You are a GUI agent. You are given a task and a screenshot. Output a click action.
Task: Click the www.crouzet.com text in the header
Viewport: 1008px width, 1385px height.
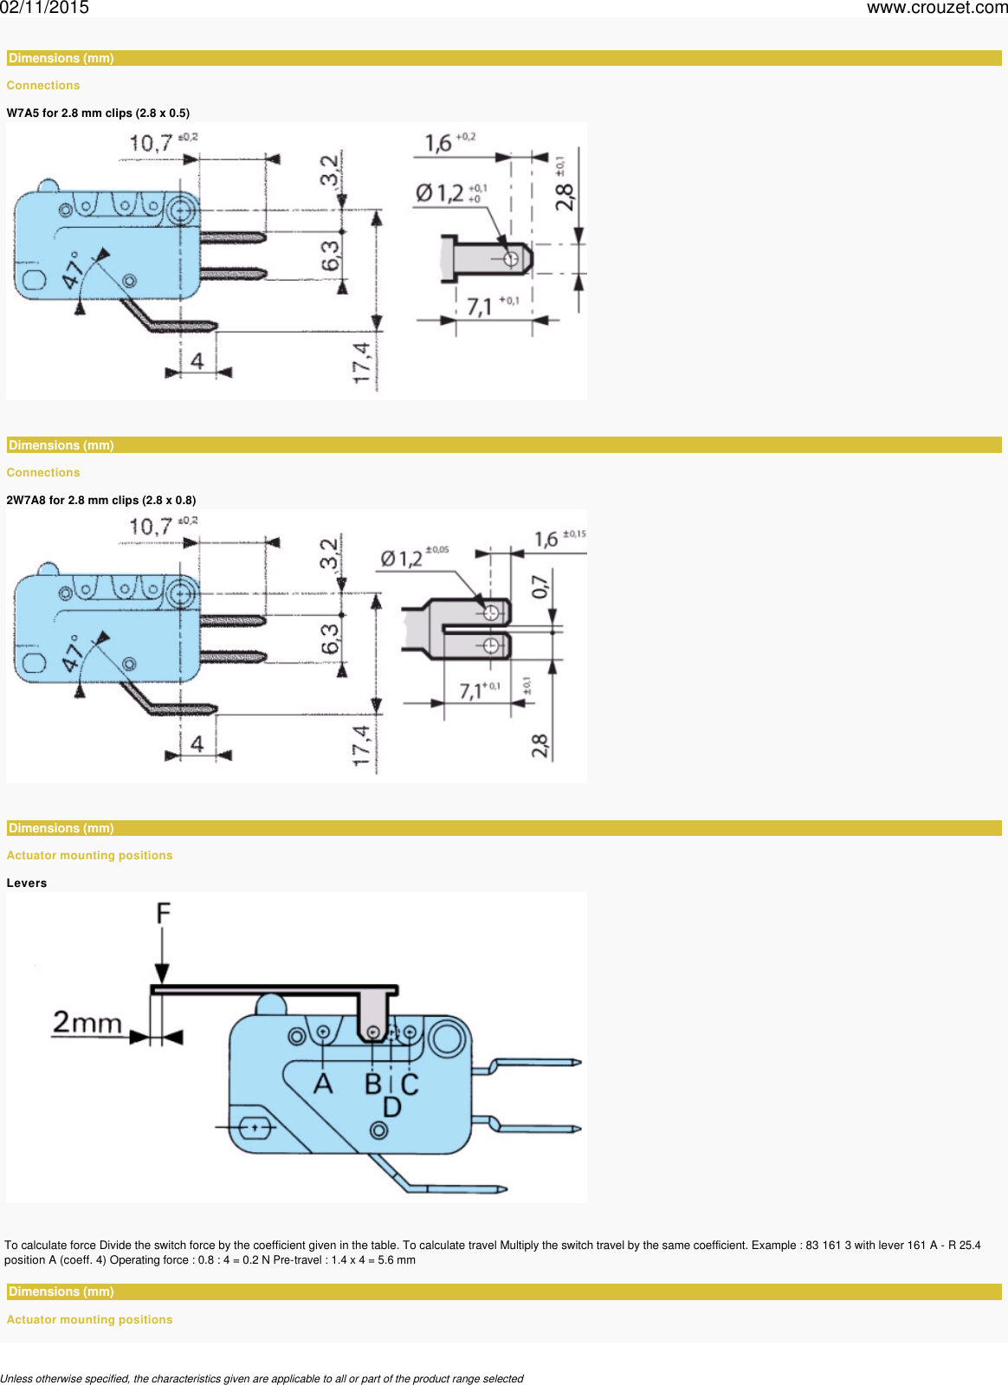coord(936,8)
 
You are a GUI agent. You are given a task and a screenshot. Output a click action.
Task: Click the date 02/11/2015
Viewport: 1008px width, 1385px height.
coord(44,8)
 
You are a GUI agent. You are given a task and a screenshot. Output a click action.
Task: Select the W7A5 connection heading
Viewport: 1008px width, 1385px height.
coord(98,113)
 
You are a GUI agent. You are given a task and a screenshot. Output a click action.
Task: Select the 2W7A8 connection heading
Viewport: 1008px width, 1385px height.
coord(101,500)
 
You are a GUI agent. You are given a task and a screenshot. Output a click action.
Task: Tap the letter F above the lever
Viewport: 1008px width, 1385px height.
coord(163,914)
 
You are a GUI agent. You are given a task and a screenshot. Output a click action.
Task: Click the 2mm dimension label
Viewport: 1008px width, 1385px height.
coord(87,1023)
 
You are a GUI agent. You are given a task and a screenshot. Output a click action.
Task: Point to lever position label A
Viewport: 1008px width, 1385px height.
coord(323,1084)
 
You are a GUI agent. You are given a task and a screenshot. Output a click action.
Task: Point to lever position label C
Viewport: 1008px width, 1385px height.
coord(410,1084)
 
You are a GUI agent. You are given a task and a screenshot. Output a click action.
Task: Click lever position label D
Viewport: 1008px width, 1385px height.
coord(391,1107)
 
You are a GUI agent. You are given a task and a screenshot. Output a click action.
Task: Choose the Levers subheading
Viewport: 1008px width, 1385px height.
coord(27,883)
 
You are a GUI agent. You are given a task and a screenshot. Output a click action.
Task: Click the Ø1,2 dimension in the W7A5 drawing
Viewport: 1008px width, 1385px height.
coord(439,192)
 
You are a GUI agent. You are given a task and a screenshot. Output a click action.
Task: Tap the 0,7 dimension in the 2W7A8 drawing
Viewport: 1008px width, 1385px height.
coord(540,586)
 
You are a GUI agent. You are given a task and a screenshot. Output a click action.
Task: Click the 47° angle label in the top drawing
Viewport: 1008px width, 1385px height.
coord(72,270)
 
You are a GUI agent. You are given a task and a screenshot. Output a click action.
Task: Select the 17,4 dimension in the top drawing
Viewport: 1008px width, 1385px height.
coord(361,362)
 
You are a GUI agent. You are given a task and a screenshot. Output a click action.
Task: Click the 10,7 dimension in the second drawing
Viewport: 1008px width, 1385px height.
coord(151,526)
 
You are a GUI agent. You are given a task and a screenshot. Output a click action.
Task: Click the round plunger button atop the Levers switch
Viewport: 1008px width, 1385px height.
coord(271,1005)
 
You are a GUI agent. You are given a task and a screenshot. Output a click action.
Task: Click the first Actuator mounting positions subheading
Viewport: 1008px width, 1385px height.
coord(89,855)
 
